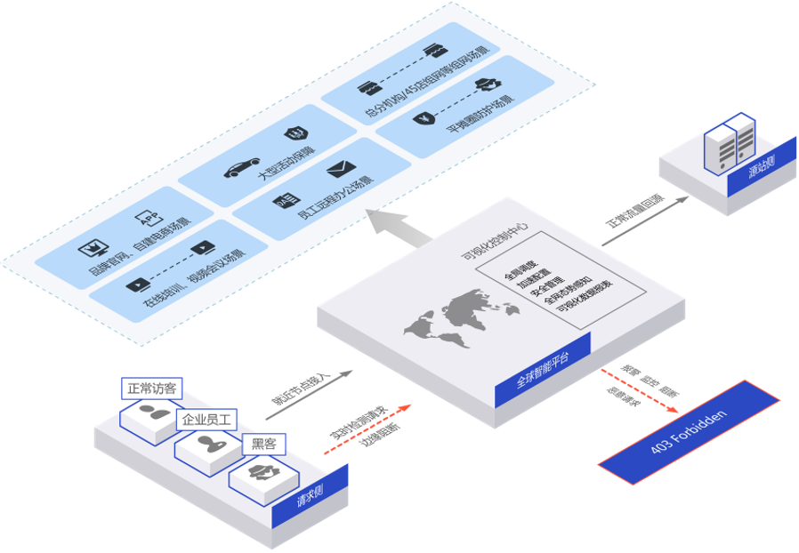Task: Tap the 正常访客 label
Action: pos(152,389)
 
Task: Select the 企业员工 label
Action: pos(206,419)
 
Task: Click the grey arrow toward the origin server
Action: pos(645,220)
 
